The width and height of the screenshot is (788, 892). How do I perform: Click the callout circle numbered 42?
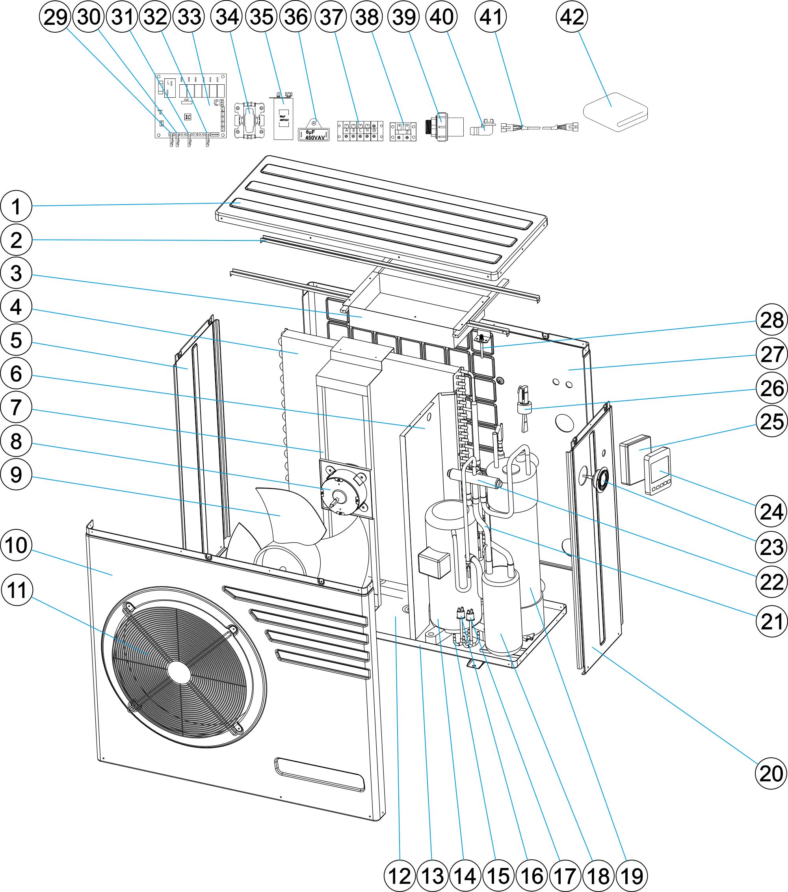572,17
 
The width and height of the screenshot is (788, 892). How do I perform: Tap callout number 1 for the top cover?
16,207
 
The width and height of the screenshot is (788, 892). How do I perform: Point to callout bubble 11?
17,590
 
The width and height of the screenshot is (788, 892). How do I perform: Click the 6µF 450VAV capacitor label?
314,135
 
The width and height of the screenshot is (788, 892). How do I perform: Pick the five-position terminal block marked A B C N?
360,131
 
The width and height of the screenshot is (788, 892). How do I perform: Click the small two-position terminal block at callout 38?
403,131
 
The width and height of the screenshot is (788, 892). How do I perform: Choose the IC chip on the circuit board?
188,117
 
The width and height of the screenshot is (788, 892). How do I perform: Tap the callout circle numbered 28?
772,320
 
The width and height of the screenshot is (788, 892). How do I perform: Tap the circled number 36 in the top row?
296,17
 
